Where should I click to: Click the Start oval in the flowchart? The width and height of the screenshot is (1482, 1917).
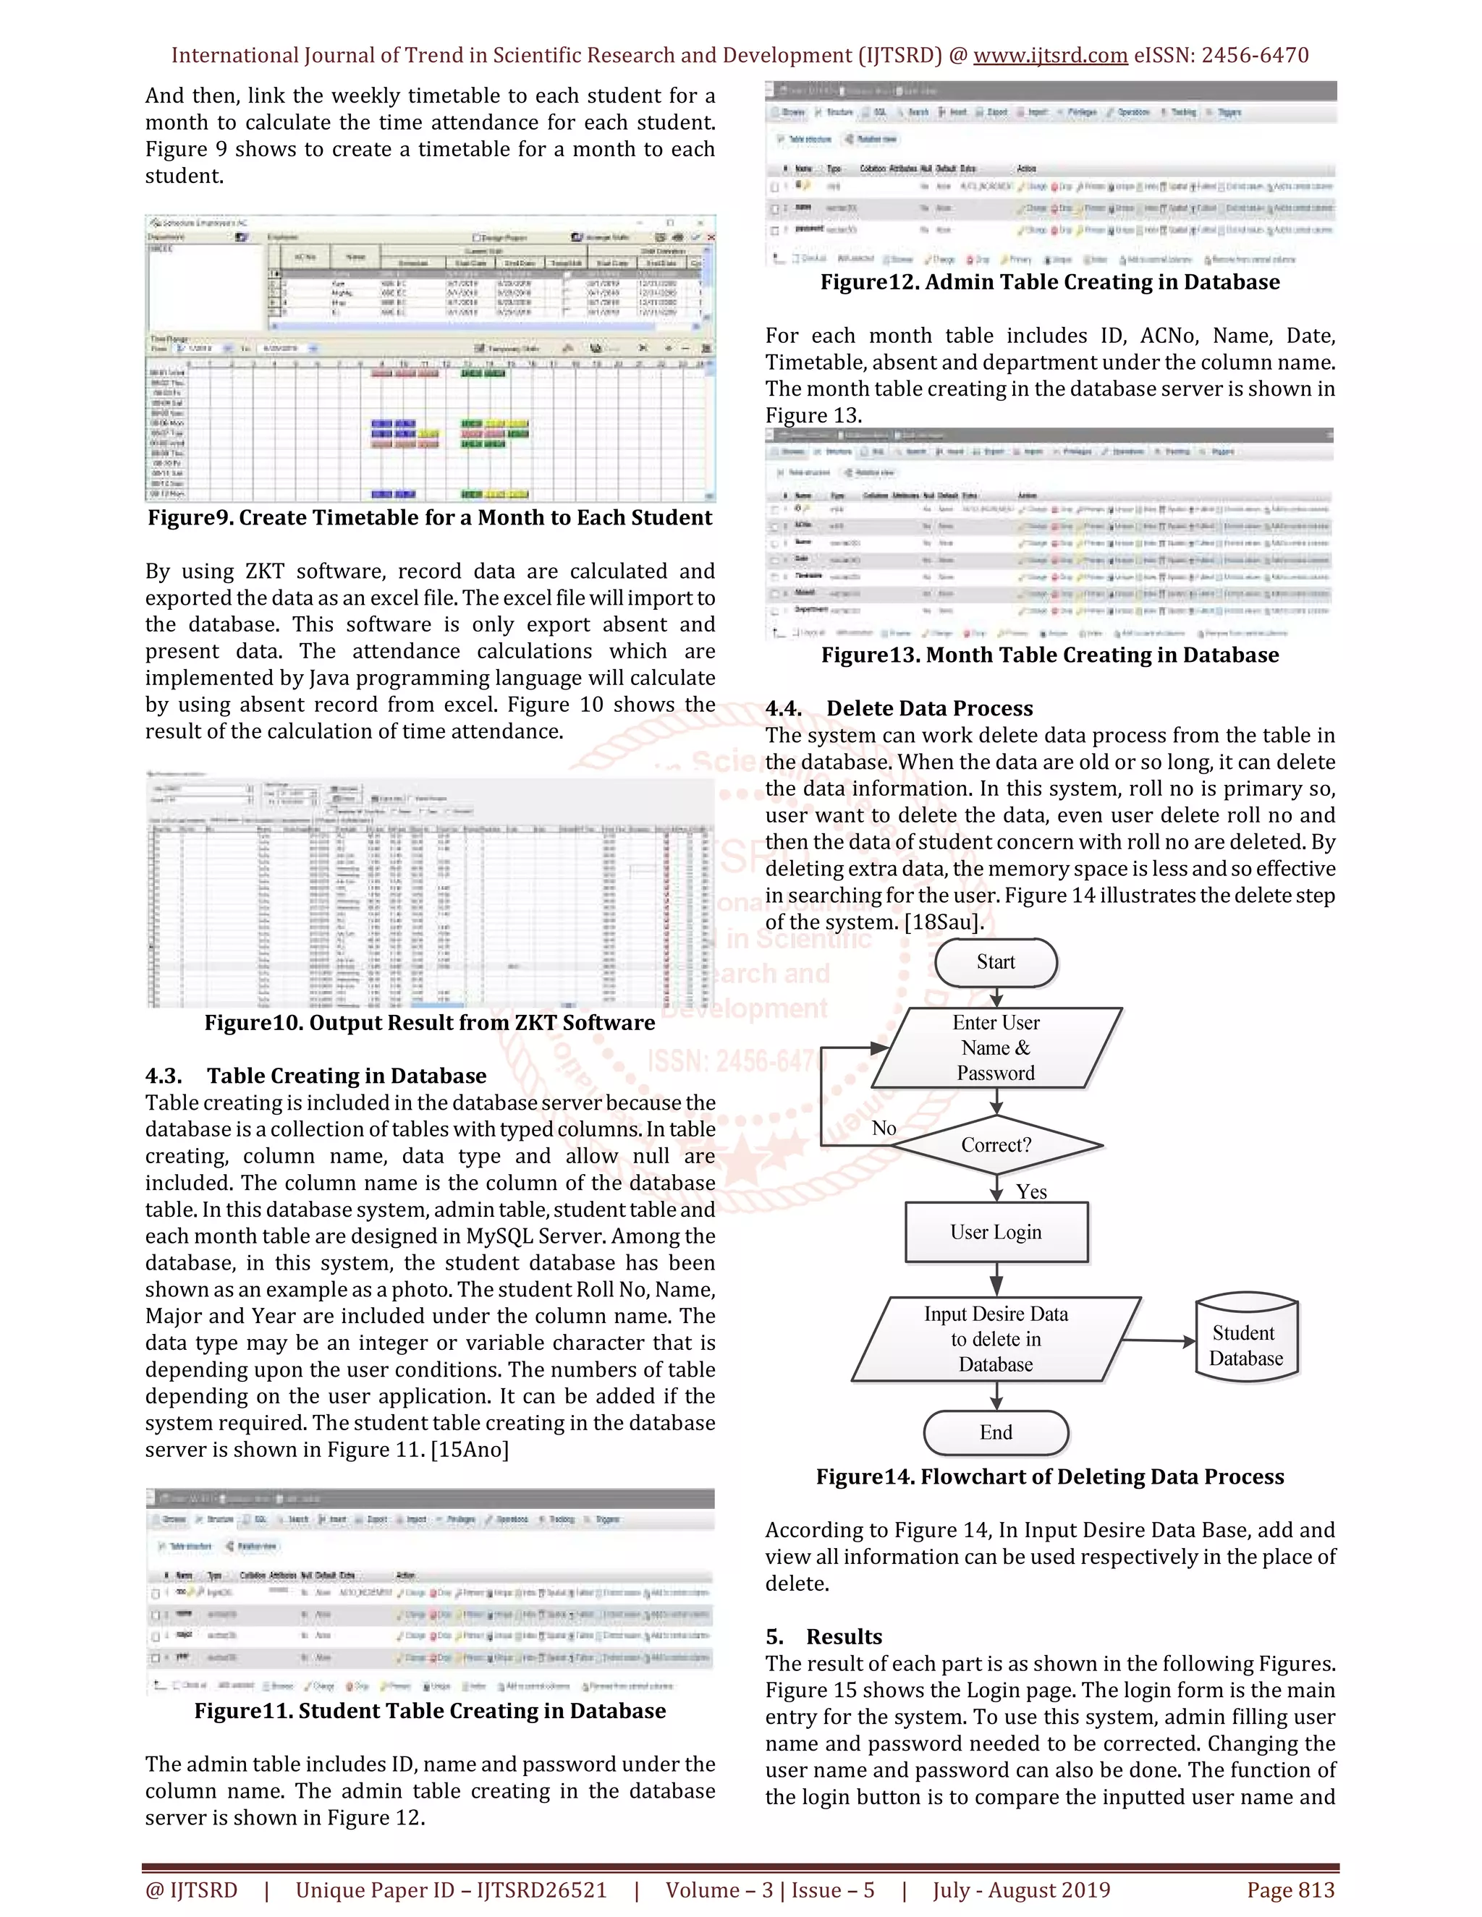996,962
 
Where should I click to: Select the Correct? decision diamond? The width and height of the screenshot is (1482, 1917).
996,1144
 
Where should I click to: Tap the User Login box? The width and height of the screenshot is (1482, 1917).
996,1233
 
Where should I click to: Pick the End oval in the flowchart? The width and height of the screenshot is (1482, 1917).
996,1432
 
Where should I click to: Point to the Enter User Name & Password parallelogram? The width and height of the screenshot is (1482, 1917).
996,1048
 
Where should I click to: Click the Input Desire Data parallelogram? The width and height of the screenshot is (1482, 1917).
996,1340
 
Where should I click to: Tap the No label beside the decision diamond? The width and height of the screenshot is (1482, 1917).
884,1128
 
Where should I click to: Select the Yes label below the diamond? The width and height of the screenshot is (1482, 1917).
1032,1192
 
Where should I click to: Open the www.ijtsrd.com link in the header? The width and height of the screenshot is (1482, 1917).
1050,55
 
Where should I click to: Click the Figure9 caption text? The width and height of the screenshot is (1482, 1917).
429,518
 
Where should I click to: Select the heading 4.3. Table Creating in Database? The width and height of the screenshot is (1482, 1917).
316,1076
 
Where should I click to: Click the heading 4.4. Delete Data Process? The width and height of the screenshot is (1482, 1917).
898,708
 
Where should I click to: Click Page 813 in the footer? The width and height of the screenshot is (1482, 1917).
1291,1890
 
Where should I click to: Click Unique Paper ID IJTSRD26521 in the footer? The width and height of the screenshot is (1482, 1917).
452,1890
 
